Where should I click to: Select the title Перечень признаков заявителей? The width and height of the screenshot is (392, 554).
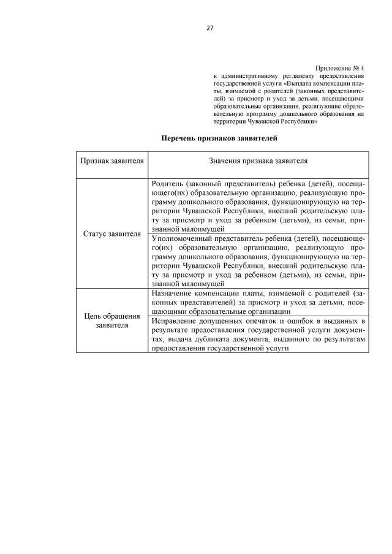coord(219,139)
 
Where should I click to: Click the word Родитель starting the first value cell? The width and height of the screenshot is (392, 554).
coord(167,184)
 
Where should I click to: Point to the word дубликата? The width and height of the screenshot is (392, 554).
coord(219,338)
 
